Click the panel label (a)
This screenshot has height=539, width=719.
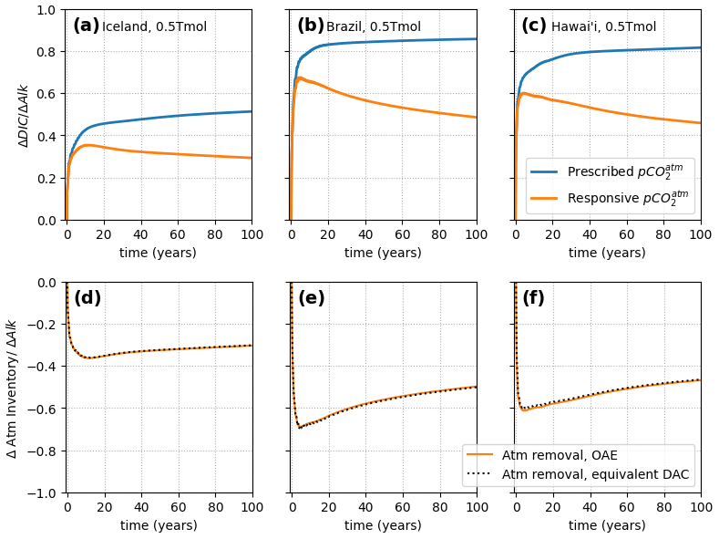[x=86, y=26]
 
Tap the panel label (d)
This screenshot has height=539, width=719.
[x=87, y=298]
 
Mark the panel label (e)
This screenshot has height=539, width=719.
[x=311, y=298]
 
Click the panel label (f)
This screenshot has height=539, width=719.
[x=533, y=298]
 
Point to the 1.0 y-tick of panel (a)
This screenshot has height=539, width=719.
[x=46, y=10]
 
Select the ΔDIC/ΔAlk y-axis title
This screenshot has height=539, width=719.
[x=24, y=115]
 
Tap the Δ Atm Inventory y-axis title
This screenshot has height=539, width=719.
[x=12, y=388]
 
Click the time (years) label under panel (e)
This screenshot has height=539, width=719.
[x=383, y=525]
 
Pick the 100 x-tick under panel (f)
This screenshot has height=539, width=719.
[x=700, y=507]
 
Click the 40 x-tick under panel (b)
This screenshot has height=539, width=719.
[x=365, y=235]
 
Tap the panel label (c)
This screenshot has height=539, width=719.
[x=533, y=26]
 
